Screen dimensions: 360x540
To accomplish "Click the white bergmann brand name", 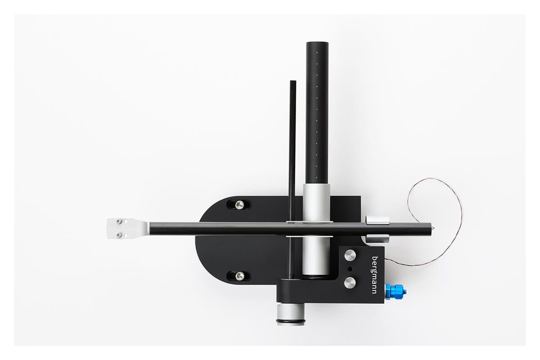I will [x=375, y=275].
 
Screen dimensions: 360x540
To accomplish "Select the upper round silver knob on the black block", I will [x=350, y=255].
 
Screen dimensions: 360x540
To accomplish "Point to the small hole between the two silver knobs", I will [x=350, y=269].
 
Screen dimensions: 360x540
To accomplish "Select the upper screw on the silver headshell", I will [x=119, y=221].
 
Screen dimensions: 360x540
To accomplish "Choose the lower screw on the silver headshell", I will [x=119, y=235].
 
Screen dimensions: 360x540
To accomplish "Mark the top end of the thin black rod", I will [x=292, y=83].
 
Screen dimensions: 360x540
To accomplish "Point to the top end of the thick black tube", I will [x=317, y=44].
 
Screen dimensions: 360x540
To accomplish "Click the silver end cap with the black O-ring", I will [x=290, y=315].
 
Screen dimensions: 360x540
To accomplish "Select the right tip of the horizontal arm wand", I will [x=431, y=229].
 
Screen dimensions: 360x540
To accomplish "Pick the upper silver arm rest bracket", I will [x=377, y=219].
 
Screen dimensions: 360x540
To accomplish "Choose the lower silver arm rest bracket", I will [x=377, y=238].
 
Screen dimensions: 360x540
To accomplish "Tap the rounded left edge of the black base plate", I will [x=198, y=238].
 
